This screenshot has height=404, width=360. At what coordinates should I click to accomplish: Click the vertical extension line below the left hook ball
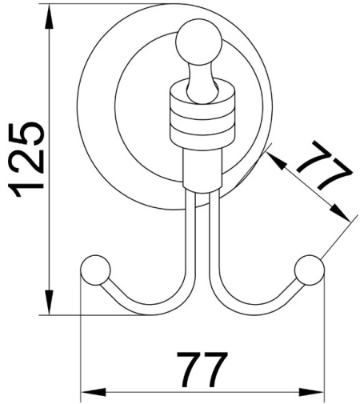82,336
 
